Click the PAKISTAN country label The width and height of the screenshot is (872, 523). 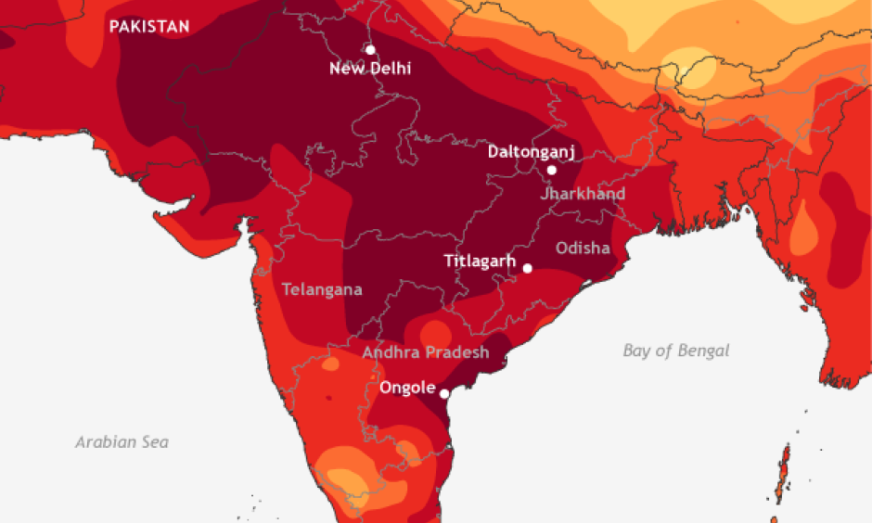pyautogui.click(x=148, y=26)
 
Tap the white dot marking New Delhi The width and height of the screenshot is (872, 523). pyautogui.click(x=370, y=49)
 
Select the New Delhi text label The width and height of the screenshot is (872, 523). pyautogui.click(x=370, y=69)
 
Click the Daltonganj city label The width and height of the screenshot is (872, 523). pyautogui.click(x=532, y=152)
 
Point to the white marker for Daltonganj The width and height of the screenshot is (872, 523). pyautogui.click(x=551, y=170)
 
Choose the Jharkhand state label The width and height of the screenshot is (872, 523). pyautogui.click(x=583, y=194)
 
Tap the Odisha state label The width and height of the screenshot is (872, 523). pyautogui.click(x=583, y=248)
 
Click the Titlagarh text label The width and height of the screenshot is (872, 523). pyautogui.click(x=479, y=261)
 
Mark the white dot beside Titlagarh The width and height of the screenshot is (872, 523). pyautogui.click(x=527, y=268)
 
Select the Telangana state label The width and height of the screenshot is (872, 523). pyautogui.click(x=321, y=289)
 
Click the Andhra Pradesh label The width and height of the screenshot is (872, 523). pyautogui.click(x=425, y=352)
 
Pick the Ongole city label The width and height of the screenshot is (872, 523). pyautogui.click(x=407, y=388)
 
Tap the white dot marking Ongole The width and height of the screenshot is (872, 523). pyautogui.click(x=444, y=394)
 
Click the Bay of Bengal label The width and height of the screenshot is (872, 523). pyautogui.click(x=675, y=351)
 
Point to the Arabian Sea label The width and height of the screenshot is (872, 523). pyautogui.click(x=122, y=441)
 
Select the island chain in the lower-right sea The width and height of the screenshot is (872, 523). pyautogui.click(x=785, y=468)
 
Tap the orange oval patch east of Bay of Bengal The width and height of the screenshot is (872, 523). pyautogui.click(x=803, y=228)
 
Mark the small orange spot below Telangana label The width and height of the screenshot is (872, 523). pyautogui.click(x=328, y=365)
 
